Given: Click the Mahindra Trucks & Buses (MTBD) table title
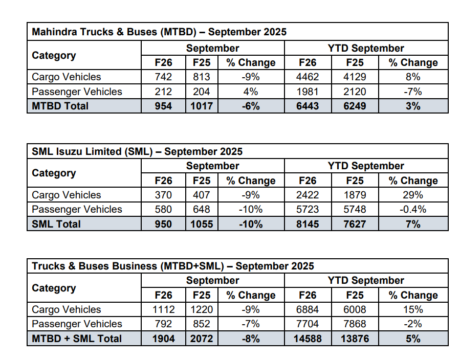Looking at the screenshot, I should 159,32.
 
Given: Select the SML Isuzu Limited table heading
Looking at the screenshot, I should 137,151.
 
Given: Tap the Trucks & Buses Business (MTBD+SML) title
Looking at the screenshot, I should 173,266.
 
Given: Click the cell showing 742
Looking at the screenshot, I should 163,77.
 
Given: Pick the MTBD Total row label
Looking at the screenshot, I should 60,106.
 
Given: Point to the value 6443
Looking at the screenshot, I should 308,106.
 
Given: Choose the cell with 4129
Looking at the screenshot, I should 355,77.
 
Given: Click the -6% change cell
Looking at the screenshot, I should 251,106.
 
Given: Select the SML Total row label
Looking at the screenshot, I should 56,224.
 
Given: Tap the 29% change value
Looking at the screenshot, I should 413,195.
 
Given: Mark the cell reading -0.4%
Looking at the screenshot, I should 413,209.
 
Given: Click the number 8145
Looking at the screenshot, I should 308,224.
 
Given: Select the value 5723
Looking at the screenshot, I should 308,209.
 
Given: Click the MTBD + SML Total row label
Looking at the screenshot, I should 77,339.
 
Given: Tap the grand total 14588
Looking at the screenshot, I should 308,339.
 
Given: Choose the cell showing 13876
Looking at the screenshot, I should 355,339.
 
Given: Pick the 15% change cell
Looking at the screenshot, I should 413,309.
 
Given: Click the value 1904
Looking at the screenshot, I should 163,339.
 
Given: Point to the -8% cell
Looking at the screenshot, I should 251,339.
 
